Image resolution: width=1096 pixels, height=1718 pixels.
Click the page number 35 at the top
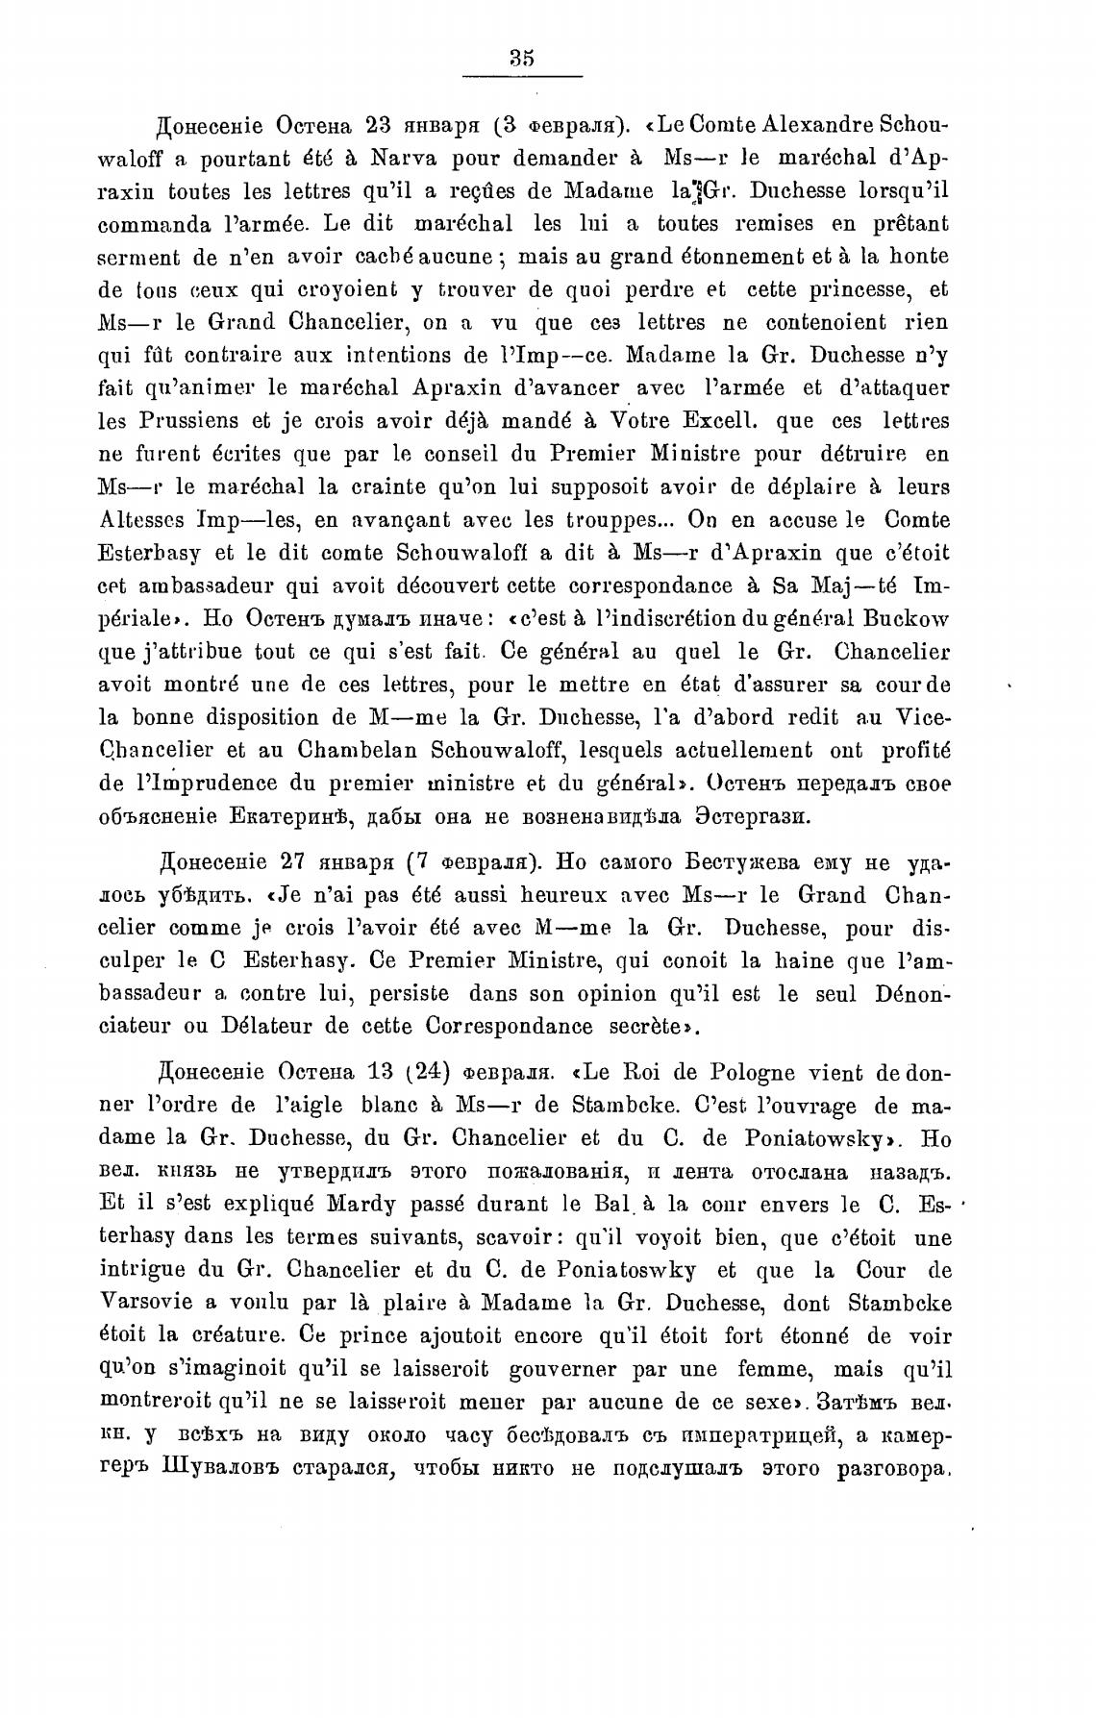click(x=522, y=58)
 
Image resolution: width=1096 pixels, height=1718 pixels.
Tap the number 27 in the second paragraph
click(x=295, y=861)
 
